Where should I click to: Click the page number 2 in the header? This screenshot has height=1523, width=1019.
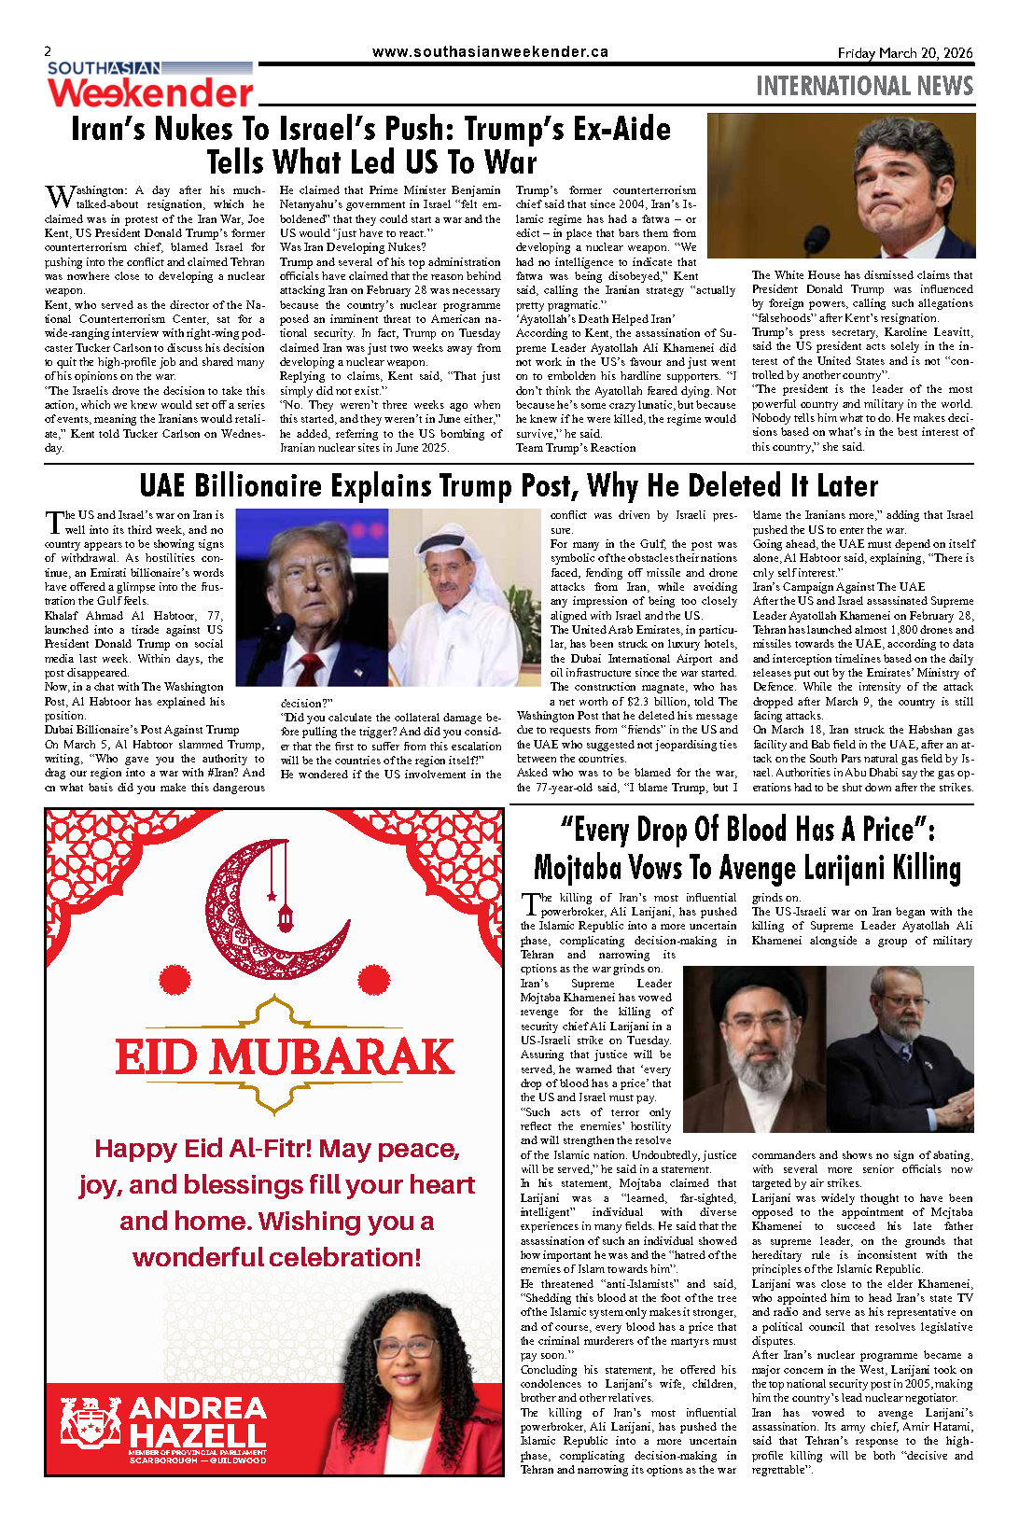pos(49,51)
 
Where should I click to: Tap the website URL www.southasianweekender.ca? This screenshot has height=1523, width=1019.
pos(490,52)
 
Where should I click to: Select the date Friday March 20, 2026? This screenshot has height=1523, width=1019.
pos(904,53)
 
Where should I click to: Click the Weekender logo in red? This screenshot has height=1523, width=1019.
pos(150,93)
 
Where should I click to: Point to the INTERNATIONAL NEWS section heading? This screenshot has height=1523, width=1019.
pos(864,87)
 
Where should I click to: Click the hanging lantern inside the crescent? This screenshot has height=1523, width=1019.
pos(286,918)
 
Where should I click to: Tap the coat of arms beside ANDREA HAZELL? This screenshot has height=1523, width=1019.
pos(91,1421)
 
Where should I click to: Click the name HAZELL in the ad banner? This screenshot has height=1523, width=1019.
pos(198,1435)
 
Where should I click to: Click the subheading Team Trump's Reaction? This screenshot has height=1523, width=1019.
pos(576,448)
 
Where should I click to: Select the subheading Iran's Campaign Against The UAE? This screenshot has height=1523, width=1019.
pos(838,587)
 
